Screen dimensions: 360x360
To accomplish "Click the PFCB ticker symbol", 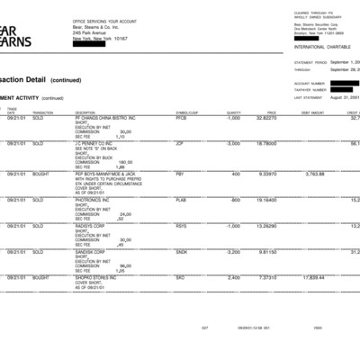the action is tap(181, 118).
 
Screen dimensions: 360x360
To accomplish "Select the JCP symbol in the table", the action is tap(180, 143).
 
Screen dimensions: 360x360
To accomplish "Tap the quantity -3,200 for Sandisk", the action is tap(232, 251).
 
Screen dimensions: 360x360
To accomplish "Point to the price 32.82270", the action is tap(266, 118).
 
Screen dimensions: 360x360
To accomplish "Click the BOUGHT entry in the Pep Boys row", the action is tap(40, 174).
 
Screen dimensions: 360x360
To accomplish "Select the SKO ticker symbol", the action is tap(180, 278).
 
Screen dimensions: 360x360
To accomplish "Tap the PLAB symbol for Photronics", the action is tap(181, 199).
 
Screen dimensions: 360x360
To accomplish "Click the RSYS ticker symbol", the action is tap(181, 225).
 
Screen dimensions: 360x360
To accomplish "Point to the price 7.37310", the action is tap(267, 278).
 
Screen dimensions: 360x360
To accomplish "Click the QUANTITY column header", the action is tap(234, 112).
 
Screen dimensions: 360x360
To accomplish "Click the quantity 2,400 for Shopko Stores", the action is tap(233, 278).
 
